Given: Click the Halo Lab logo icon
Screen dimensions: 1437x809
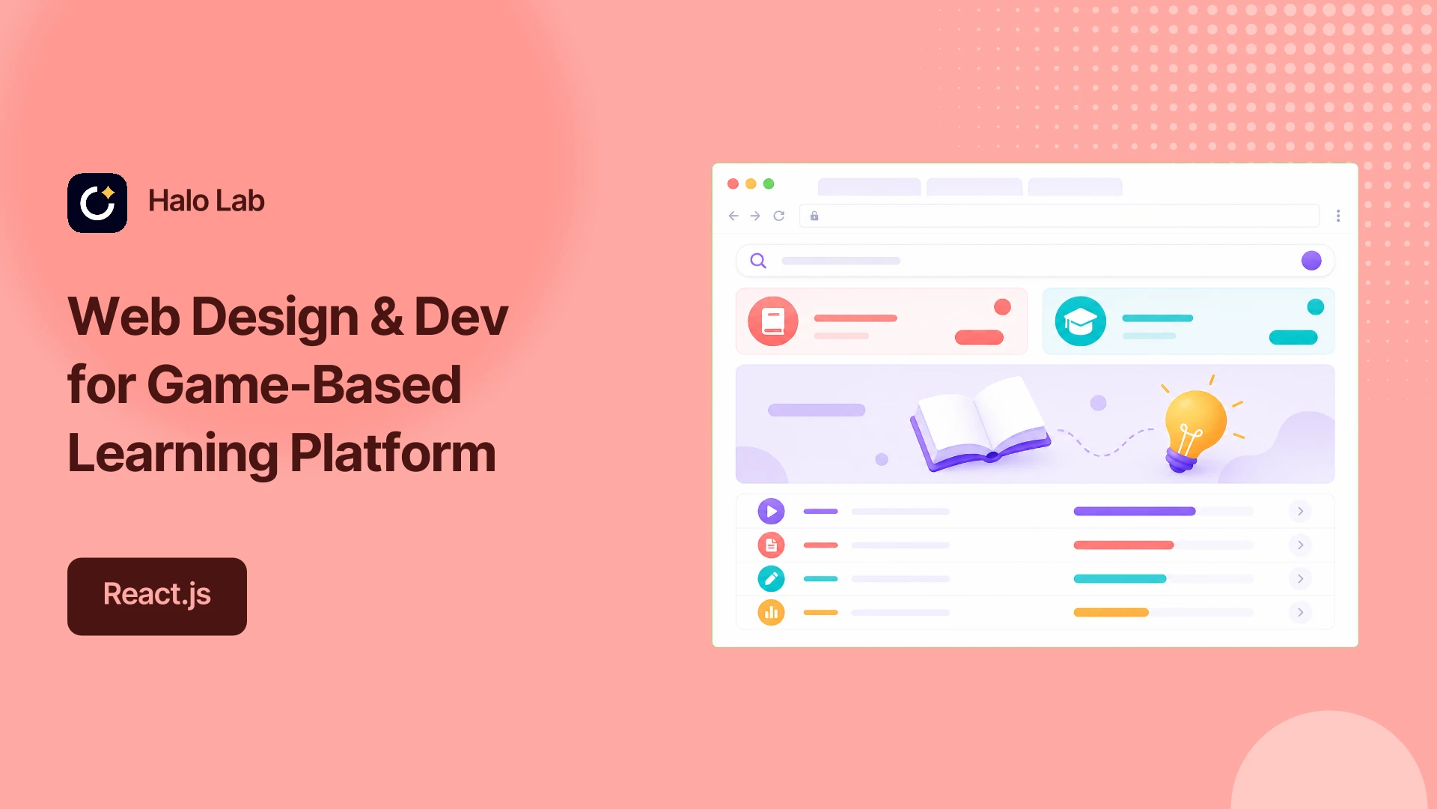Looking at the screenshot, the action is pos(97,203).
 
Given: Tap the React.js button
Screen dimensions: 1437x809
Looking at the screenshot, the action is pos(157,596).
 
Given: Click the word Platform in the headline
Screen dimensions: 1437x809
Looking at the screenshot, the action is pos(393,454).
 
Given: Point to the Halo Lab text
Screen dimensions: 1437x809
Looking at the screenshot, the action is pos(207,201).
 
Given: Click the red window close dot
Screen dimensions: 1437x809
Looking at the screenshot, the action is pos(733,184).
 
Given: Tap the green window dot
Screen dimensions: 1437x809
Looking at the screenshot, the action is pos(769,184).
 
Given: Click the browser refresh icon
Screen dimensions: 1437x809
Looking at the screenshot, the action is pos(779,216).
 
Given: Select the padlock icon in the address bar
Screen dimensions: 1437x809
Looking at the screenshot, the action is pos(814,216).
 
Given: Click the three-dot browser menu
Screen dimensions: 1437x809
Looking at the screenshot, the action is pos(1338,216).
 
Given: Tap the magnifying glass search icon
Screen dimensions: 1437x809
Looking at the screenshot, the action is pos(758,261).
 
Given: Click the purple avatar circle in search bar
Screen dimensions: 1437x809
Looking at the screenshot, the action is pos(1311,261).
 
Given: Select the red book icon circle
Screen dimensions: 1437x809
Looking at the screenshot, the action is pos(773,321).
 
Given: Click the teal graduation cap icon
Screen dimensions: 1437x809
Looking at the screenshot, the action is pos(1081,321).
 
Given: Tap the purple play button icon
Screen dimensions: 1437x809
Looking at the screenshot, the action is pos(771,512).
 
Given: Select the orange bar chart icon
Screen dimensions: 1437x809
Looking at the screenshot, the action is pos(771,613).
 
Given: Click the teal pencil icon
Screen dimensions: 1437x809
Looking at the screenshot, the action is pos(771,579).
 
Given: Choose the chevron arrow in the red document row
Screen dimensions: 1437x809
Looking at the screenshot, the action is pos(1301,545).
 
